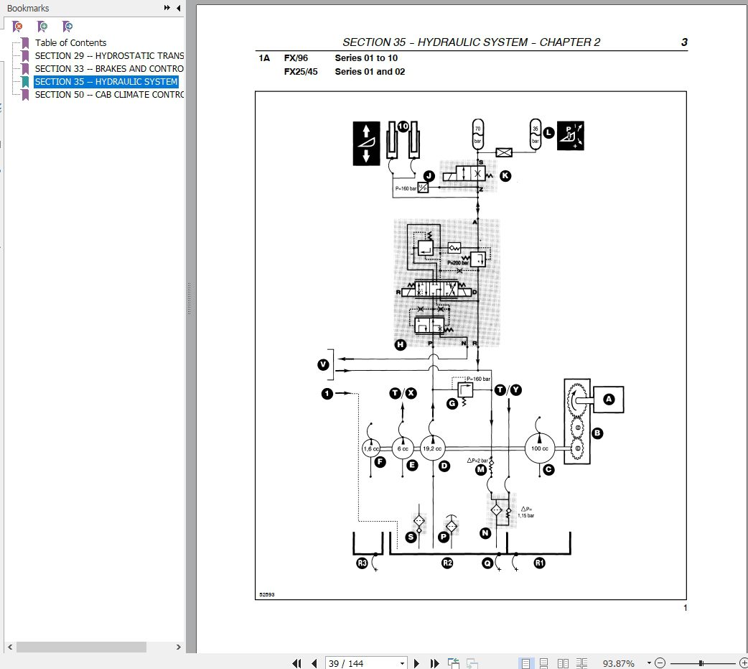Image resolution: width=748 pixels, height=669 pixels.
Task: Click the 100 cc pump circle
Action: tap(539, 448)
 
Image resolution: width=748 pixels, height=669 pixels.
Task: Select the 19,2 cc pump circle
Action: tap(433, 448)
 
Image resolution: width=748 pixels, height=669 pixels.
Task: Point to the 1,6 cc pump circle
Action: tap(370, 448)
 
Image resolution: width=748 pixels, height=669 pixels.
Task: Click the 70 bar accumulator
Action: tap(477, 134)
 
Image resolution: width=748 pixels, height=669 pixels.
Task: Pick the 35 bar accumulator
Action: tap(535, 134)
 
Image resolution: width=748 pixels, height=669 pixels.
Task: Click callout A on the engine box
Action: tap(609, 400)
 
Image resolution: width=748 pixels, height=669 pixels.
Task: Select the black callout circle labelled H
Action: tap(401, 345)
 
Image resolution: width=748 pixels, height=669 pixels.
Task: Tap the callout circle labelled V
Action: tap(324, 365)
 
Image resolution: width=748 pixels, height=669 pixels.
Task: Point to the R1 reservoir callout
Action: tap(539, 563)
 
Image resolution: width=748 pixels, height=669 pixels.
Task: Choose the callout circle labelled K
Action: tap(505, 175)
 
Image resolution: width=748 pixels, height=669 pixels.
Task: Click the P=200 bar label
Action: tap(457, 263)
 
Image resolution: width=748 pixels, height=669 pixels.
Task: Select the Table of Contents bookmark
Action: tap(70, 42)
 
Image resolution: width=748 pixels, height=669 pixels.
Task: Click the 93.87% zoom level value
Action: tap(618, 663)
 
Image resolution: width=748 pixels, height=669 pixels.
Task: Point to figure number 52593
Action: tap(267, 594)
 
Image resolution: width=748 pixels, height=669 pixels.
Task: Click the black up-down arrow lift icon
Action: tap(366, 144)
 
